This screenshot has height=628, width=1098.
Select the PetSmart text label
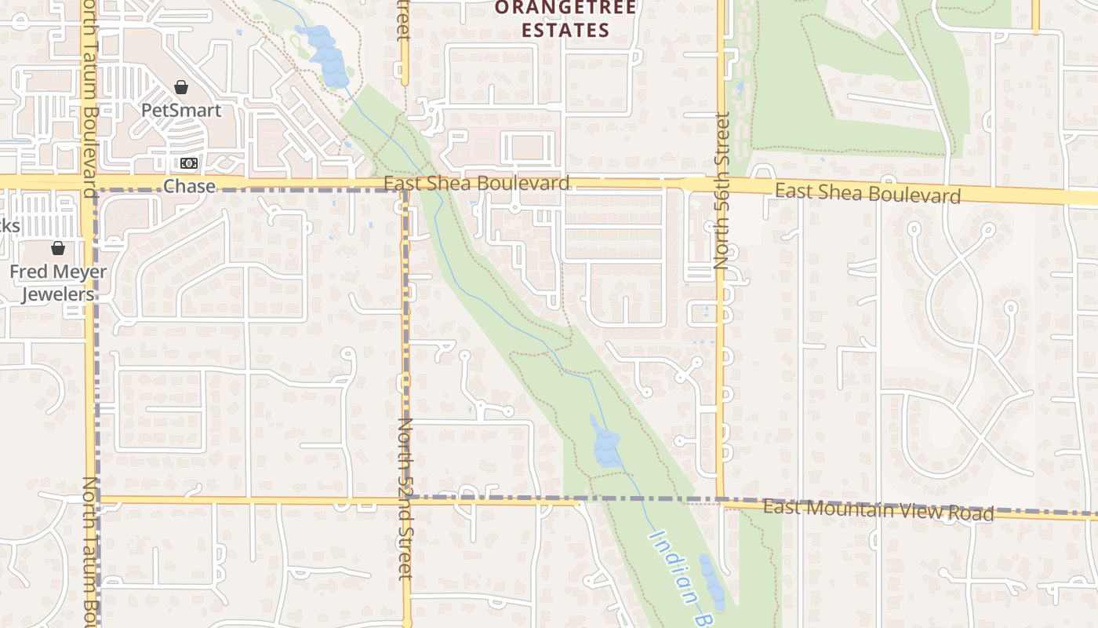(x=181, y=110)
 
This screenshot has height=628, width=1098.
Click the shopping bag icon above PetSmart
(x=181, y=87)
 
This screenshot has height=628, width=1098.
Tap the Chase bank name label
(x=189, y=186)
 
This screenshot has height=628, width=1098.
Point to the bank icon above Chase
(x=189, y=163)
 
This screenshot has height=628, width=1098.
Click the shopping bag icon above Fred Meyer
(x=58, y=249)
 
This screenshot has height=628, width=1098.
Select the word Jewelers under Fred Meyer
(x=58, y=294)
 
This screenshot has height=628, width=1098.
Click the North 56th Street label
(x=722, y=191)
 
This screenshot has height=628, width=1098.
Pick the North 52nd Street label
(x=405, y=498)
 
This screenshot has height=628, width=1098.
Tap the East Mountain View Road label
(x=878, y=509)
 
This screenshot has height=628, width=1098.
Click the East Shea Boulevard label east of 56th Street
(x=868, y=193)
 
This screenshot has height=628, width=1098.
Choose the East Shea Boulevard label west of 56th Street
(x=477, y=183)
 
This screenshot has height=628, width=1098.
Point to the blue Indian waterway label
(x=674, y=567)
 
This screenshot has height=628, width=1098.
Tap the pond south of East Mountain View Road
(x=712, y=582)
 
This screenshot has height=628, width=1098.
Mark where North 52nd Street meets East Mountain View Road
(x=406, y=499)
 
